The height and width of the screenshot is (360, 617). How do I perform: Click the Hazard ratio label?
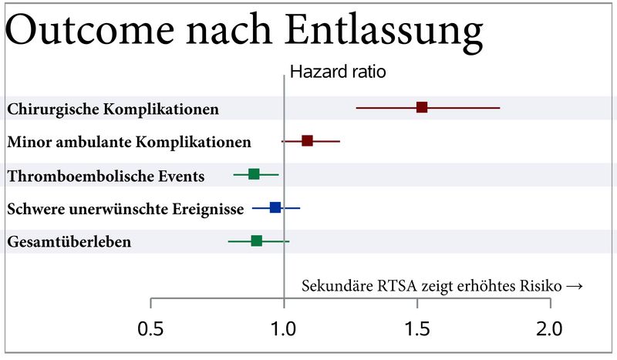click(x=337, y=72)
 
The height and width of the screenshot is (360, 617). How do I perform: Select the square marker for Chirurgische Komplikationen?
click(x=422, y=107)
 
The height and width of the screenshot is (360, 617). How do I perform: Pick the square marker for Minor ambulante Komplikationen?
click(x=307, y=141)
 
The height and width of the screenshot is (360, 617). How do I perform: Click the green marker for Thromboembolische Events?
click(x=254, y=174)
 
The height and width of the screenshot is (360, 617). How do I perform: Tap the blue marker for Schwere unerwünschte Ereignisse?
click(x=275, y=207)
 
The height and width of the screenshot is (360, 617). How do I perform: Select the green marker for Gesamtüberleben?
click(x=257, y=241)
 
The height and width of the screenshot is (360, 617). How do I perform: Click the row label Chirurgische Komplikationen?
click(x=113, y=109)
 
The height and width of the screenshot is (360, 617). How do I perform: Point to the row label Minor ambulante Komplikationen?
click(x=129, y=142)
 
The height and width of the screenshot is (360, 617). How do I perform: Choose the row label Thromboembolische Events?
click(x=106, y=177)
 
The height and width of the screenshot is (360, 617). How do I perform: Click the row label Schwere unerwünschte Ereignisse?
click(x=125, y=209)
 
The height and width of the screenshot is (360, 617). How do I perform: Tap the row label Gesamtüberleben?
click(x=69, y=242)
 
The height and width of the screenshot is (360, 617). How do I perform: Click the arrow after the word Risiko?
click(x=573, y=286)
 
